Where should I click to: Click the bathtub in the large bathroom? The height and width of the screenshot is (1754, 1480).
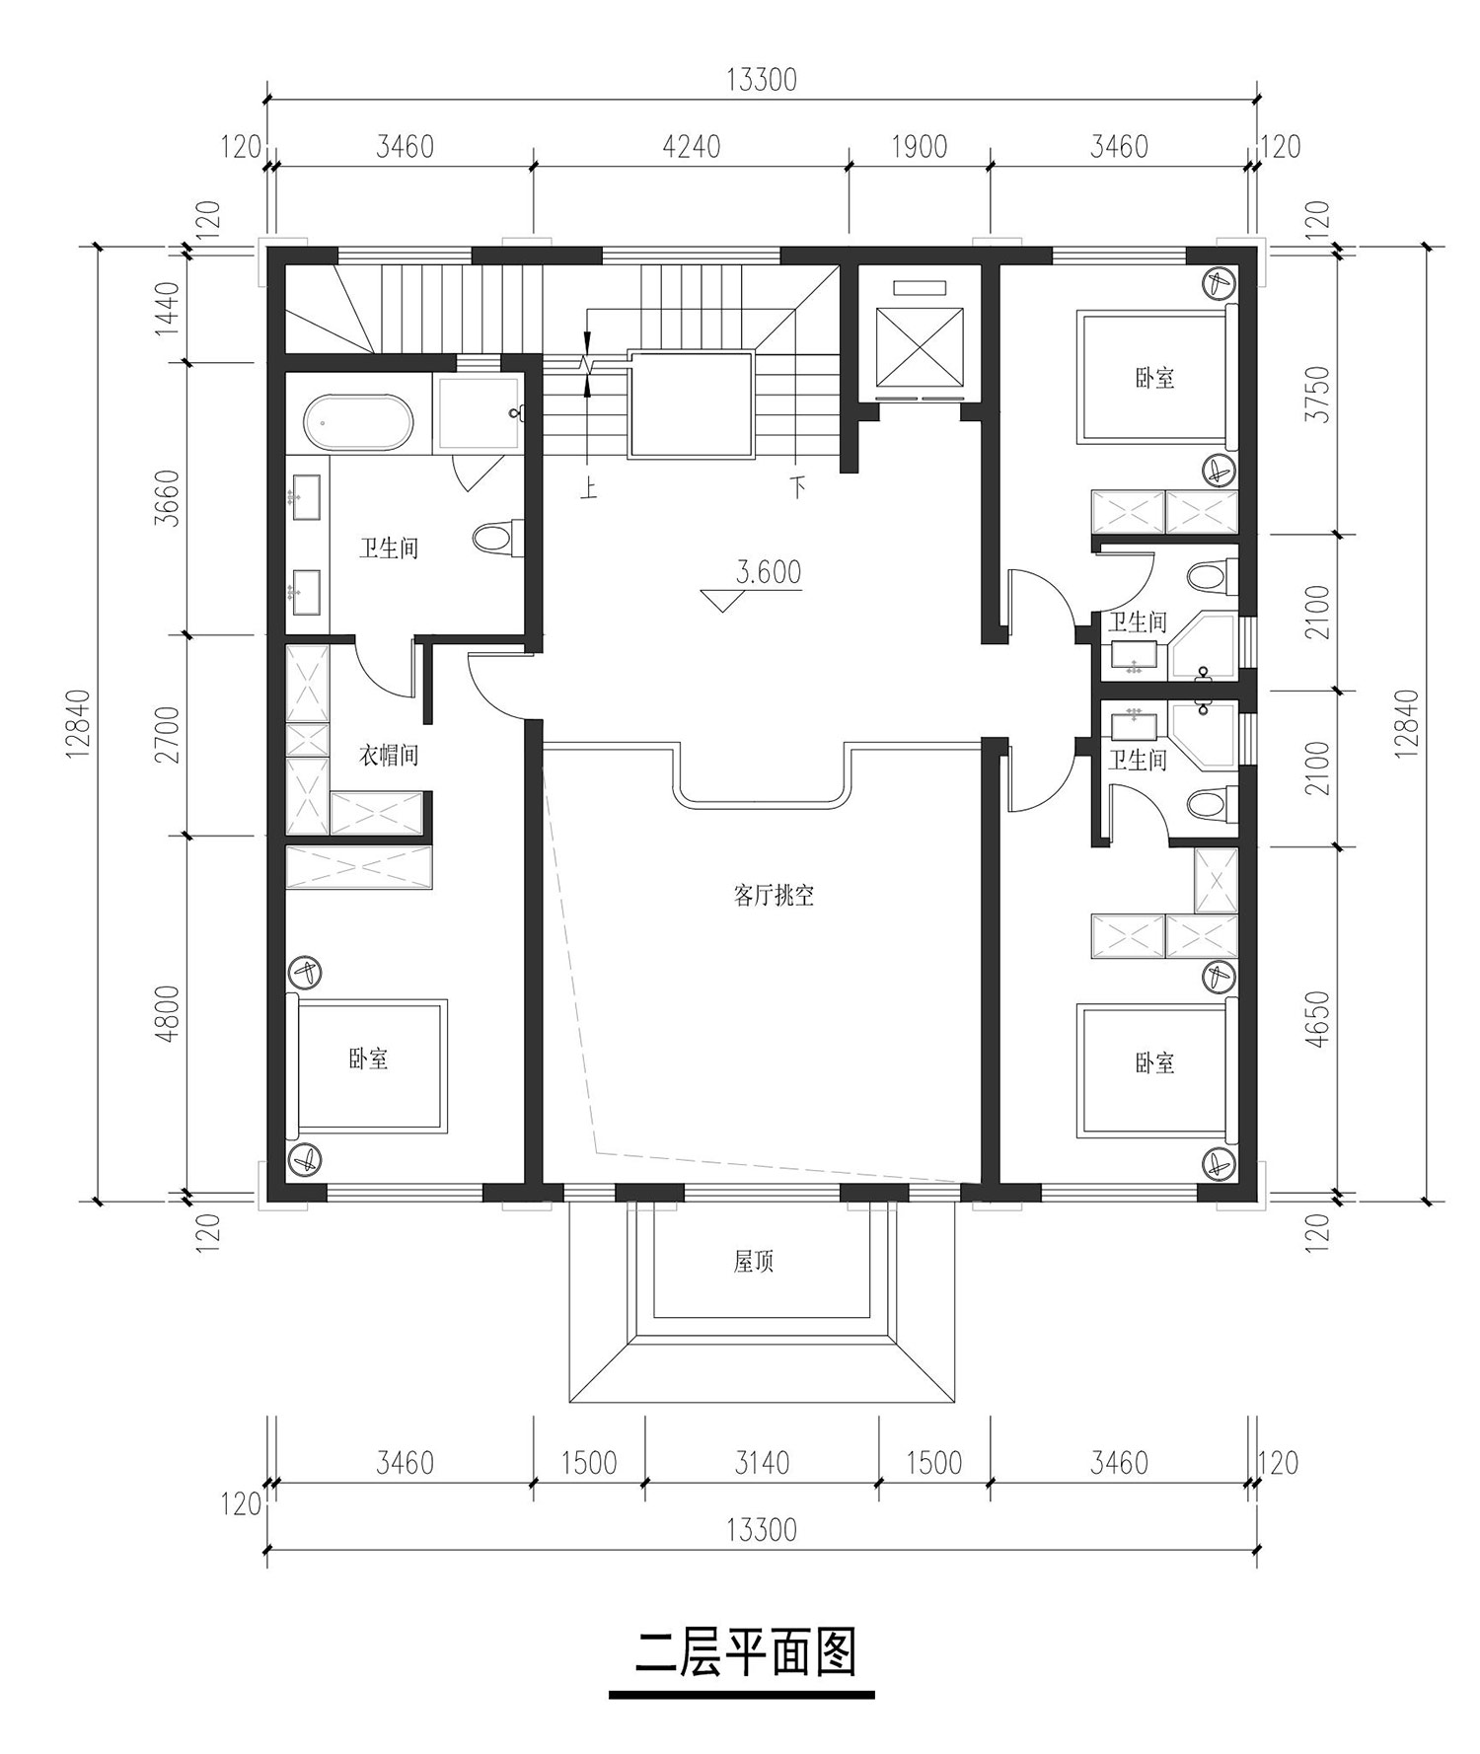click(x=359, y=423)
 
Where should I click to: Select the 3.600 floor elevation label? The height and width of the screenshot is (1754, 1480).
click(x=769, y=572)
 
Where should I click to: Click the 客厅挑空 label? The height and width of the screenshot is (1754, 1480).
click(x=773, y=896)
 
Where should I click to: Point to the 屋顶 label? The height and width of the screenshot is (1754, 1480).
click(x=753, y=1262)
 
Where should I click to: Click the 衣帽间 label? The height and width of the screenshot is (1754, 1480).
click(x=388, y=756)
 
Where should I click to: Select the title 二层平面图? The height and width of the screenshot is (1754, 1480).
click(x=744, y=1653)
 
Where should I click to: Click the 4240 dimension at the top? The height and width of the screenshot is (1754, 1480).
click(x=691, y=147)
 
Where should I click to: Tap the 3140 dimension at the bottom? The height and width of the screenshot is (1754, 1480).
click(x=762, y=1462)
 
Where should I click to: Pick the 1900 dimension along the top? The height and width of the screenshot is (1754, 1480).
click(x=919, y=147)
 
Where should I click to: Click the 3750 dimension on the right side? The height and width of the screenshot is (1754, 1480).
click(x=1317, y=395)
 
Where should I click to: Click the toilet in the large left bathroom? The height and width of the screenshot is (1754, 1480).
click(x=495, y=539)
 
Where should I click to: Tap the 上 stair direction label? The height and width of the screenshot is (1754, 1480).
click(x=589, y=488)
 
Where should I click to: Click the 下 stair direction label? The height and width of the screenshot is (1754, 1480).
click(x=797, y=487)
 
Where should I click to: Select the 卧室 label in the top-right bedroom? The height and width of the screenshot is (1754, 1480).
click(x=1154, y=378)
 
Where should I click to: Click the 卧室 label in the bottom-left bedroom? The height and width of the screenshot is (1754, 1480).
click(x=368, y=1060)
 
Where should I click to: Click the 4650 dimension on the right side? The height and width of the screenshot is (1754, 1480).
click(x=1317, y=1019)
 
